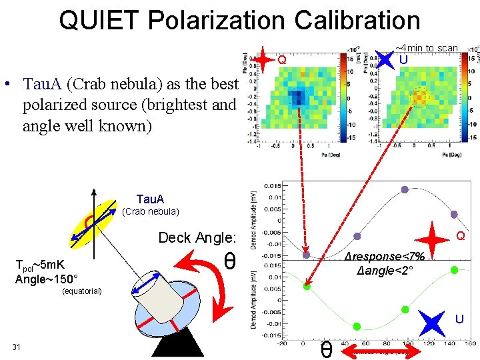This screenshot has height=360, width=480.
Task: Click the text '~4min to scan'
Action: click(427, 48)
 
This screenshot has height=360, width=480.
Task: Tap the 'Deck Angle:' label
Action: click(197, 238)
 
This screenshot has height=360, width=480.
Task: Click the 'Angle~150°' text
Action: click(47, 279)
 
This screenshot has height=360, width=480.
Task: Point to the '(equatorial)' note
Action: click(81, 291)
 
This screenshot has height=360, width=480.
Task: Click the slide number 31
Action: click(17, 345)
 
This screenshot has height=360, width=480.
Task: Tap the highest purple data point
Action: click(405, 189)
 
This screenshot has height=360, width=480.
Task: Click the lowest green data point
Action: click(357, 327)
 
